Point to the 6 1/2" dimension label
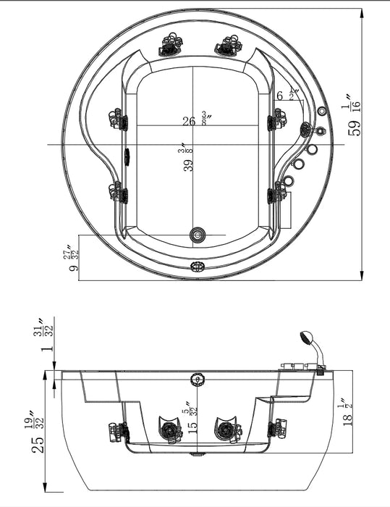[287, 95]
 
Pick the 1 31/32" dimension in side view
[48, 338]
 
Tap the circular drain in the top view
[198, 234]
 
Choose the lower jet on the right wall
[277, 193]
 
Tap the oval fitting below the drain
[198, 266]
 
